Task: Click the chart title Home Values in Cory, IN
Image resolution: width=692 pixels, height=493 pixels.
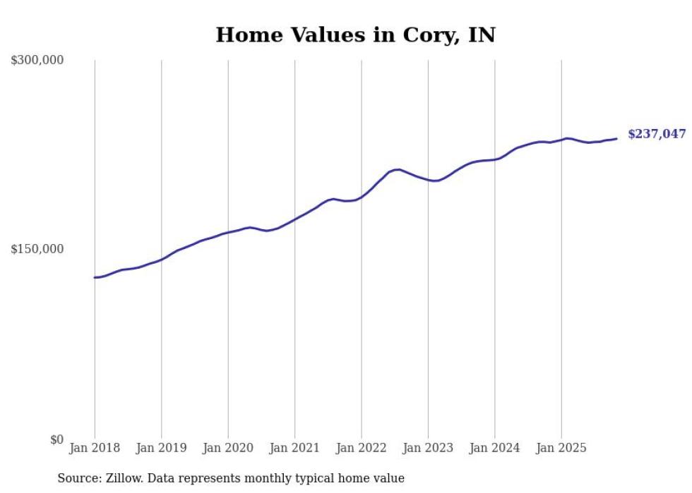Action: point(355,35)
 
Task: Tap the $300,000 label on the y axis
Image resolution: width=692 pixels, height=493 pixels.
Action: point(37,60)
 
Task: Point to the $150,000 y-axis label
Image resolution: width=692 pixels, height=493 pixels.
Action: point(37,249)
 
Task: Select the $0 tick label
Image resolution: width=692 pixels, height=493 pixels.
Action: point(56,439)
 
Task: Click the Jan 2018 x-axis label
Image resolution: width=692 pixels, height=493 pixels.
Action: point(95,448)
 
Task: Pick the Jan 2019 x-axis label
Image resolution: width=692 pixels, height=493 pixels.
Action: point(161,448)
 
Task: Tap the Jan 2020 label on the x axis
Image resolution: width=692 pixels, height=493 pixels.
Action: point(228,448)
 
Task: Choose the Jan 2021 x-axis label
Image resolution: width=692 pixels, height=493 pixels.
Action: point(294,448)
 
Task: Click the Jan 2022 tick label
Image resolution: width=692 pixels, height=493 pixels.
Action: point(362,448)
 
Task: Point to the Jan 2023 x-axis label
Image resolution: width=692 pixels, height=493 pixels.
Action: point(428,448)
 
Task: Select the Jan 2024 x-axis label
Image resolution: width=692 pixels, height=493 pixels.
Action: point(494,448)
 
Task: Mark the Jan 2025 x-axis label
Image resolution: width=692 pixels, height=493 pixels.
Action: point(561,448)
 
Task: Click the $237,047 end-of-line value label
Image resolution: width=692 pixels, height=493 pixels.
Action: point(656,134)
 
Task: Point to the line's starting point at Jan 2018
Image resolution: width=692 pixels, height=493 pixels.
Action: point(95,277)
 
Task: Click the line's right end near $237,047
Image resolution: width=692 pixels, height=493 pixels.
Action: point(616,138)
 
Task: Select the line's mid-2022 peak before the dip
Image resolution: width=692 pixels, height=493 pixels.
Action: point(398,169)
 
